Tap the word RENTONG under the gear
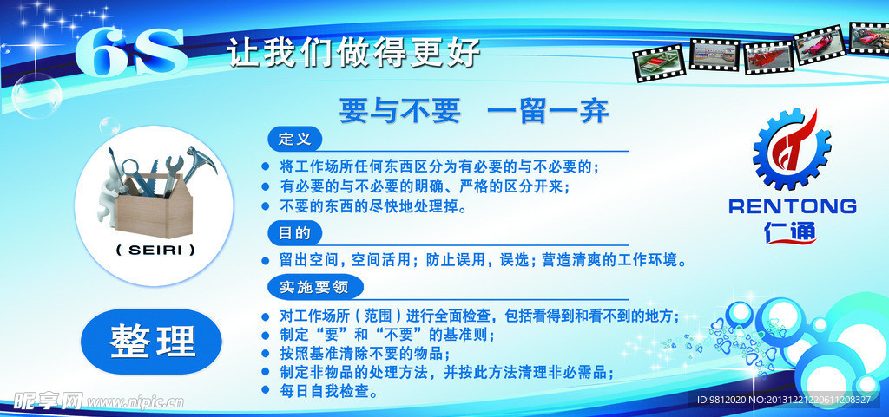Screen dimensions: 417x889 click(792, 206)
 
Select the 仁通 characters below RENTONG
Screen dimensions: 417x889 click(791, 232)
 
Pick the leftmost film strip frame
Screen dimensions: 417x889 click(659, 64)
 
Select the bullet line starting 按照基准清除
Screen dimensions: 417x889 click(365, 354)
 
